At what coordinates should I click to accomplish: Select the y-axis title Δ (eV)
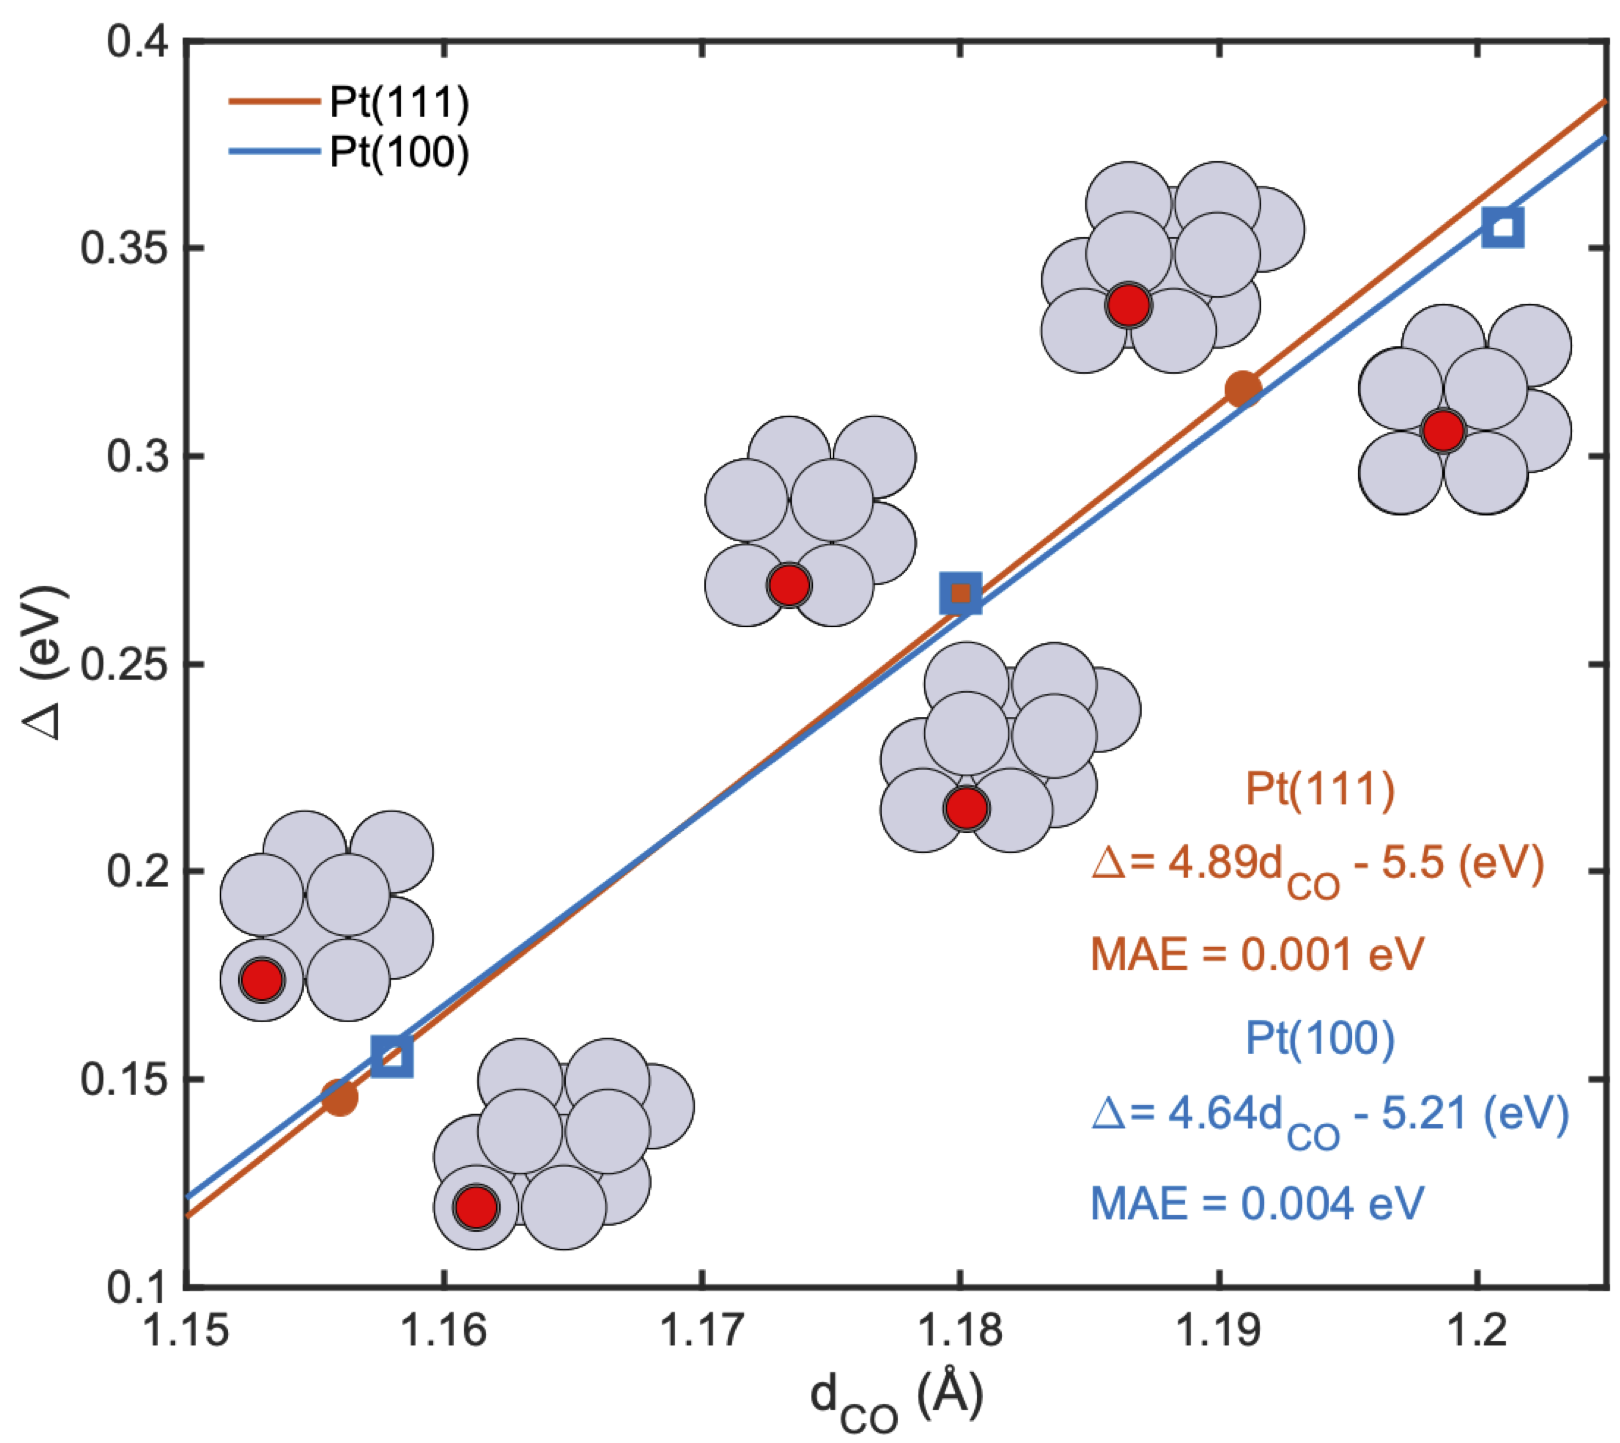[x=44, y=662]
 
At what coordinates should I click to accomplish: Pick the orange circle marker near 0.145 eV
[x=339, y=1097]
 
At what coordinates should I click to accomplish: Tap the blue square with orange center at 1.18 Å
[x=960, y=593]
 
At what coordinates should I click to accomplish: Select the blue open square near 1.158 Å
[x=392, y=1056]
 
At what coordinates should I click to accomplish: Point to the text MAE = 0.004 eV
[x=1257, y=1204]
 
